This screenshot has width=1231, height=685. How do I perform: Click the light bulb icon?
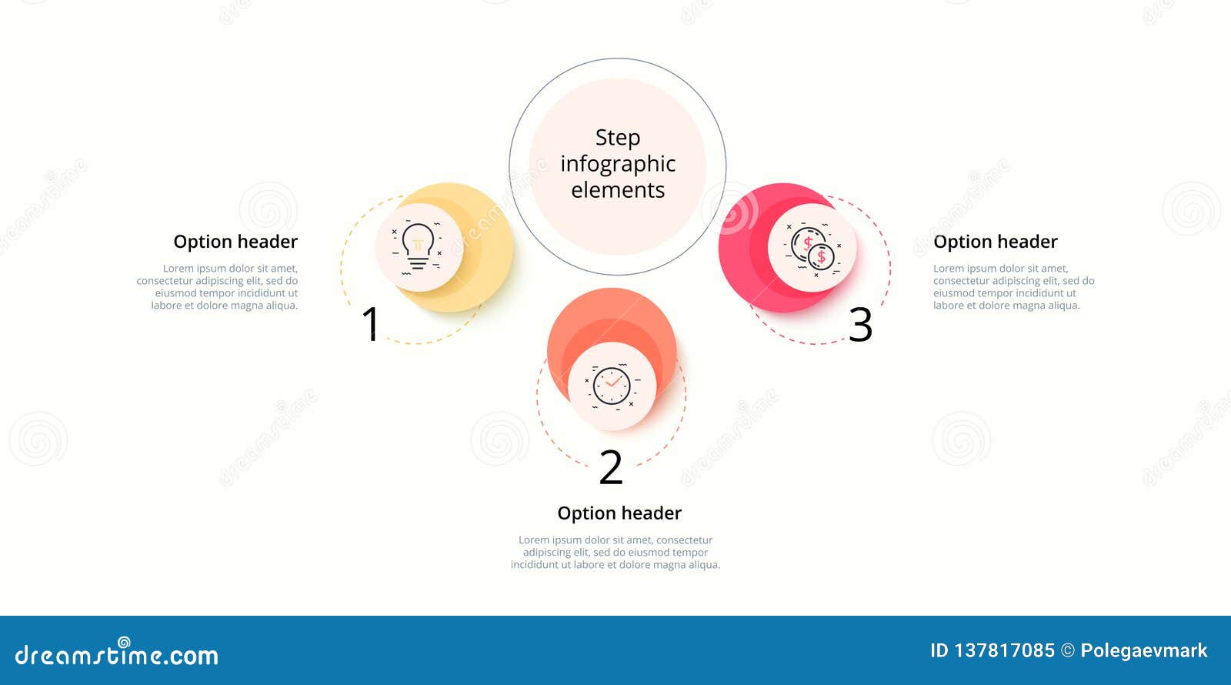418,246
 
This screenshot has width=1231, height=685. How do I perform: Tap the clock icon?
612,386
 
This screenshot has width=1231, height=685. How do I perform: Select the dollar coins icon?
812,248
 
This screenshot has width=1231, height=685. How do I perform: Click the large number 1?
371,324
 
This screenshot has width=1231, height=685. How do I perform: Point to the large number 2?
611,466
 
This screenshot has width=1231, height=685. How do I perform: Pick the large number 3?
860,325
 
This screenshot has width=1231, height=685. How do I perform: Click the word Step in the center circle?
617,138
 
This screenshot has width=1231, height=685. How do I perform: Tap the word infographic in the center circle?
617,164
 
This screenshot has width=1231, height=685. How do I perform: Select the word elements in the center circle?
617,190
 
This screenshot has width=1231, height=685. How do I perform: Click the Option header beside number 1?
235,242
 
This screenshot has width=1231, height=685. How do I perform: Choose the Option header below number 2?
619,513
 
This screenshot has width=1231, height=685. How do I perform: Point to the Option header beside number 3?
995,242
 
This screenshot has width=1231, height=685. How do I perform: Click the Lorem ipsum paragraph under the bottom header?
615,553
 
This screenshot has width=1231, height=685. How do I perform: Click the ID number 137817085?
1004,651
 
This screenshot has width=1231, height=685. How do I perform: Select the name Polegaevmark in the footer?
1143,651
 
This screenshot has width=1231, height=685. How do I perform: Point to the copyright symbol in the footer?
1067,651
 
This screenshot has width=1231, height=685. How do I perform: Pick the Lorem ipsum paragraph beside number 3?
1012,287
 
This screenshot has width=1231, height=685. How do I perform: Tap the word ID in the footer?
939,651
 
